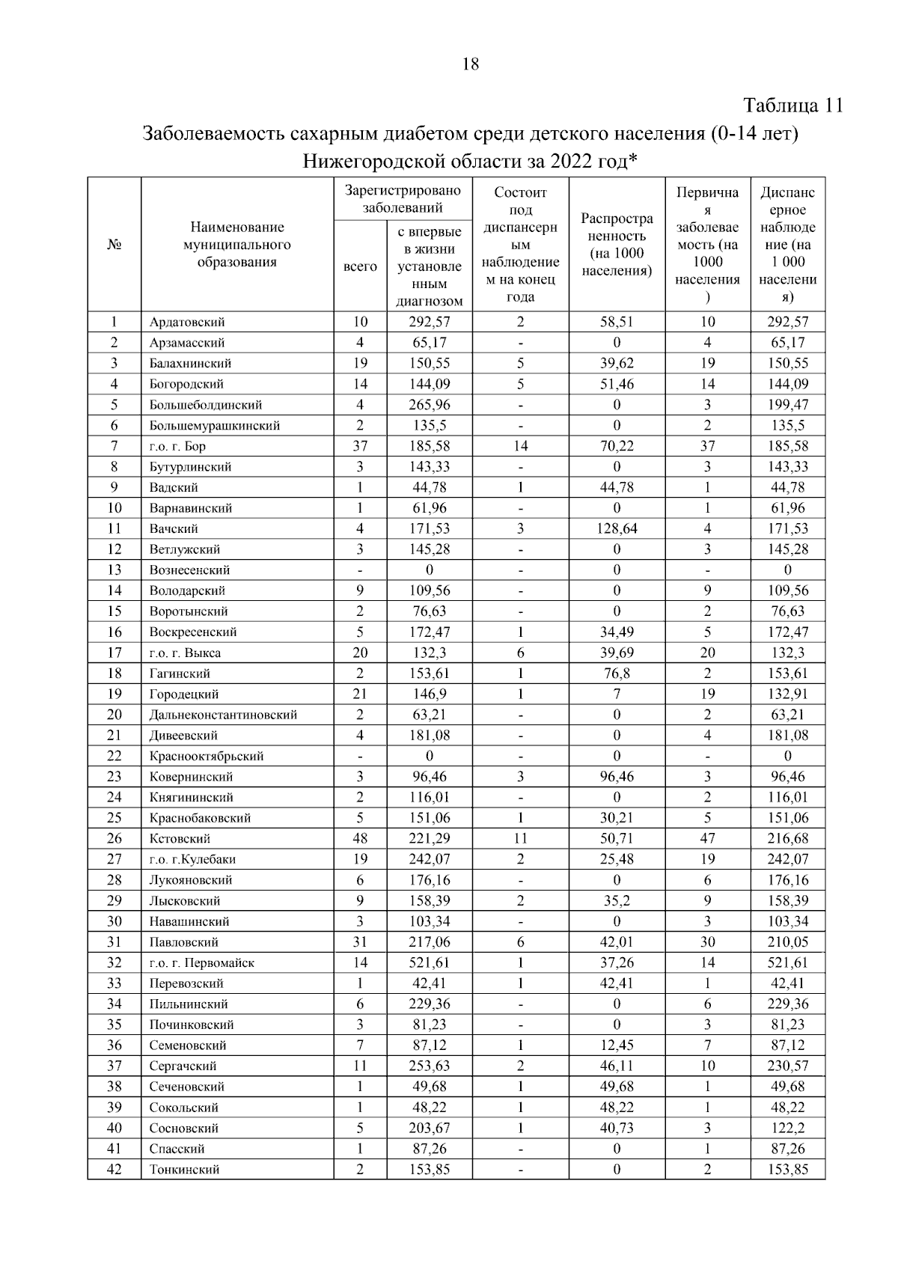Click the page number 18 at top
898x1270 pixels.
(x=471, y=64)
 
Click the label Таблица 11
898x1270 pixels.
(x=792, y=106)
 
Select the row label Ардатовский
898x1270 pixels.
(x=187, y=323)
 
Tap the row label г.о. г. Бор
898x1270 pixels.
(x=177, y=446)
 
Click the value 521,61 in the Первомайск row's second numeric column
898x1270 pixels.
(x=430, y=962)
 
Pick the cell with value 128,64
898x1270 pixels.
(x=617, y=528)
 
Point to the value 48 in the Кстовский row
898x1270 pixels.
(x=360, y=838)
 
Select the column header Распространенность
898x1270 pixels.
(x=617, y=245)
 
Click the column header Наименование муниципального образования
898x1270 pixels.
(x=237, y=245)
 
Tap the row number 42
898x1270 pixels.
(x=114, y=1169)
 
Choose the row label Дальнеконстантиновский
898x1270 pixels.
(x=223, y=715)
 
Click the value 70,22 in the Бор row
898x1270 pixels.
(x=617, y=446)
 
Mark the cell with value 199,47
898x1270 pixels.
(x=787, y=405)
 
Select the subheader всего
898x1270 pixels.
(x=360, y=266)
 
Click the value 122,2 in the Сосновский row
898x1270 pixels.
(x=787, y=1128)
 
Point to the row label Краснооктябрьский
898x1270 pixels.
(x=207, y=756)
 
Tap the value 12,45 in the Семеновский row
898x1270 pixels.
(x=617, y=1045)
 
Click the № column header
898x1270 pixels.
(x=114, y=245)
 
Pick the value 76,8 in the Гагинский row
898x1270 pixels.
(x=617, y=674)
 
